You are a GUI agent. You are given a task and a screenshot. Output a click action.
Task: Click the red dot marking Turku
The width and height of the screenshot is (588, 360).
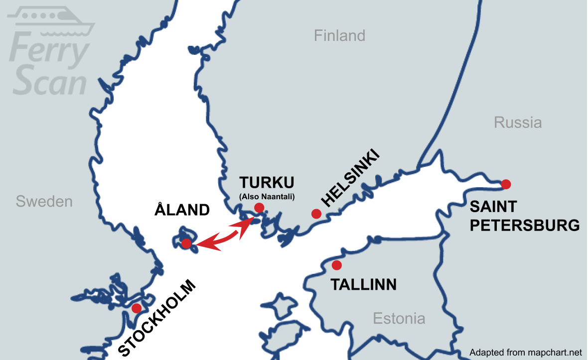click(x=259, y=207)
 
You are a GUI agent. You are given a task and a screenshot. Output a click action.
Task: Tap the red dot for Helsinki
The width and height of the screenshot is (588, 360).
click(x=316, y=214)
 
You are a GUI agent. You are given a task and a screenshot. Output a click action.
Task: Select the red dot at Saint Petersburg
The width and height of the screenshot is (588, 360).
click(x=506, y=184)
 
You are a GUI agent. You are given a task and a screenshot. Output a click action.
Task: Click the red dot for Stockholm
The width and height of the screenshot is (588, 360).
click(x=136, y=308)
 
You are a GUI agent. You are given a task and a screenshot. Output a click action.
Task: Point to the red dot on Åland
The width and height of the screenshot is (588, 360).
click(x=186, y=243)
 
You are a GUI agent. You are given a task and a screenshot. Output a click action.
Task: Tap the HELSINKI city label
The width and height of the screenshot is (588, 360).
click(x=350, y=178)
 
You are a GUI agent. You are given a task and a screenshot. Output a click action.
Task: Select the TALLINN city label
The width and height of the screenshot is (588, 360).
click(x=364, y=284)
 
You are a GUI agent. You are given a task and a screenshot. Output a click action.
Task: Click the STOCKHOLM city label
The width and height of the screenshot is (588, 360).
click(x=157, y=319)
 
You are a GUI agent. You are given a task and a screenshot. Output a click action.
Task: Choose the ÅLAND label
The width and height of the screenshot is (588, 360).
click(x=182, y=210)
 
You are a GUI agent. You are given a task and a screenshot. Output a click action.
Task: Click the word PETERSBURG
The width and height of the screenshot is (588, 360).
click(x=525, y=225)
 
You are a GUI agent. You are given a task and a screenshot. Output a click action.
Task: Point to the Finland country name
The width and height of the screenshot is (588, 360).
click(x=339, y=36)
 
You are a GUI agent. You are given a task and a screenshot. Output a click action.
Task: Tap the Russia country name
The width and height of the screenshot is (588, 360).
click(x=518, y=122)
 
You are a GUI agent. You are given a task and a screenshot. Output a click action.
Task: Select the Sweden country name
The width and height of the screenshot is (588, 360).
click(x=44, y=201)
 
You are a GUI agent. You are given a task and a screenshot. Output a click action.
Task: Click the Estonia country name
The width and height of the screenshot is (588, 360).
click(x=399, y=318)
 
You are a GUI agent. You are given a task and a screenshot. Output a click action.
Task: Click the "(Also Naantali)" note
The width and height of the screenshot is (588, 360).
click(x=267, y=196)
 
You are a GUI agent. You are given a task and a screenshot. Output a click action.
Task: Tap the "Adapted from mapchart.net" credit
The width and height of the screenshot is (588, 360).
click(x=526, y=353)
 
